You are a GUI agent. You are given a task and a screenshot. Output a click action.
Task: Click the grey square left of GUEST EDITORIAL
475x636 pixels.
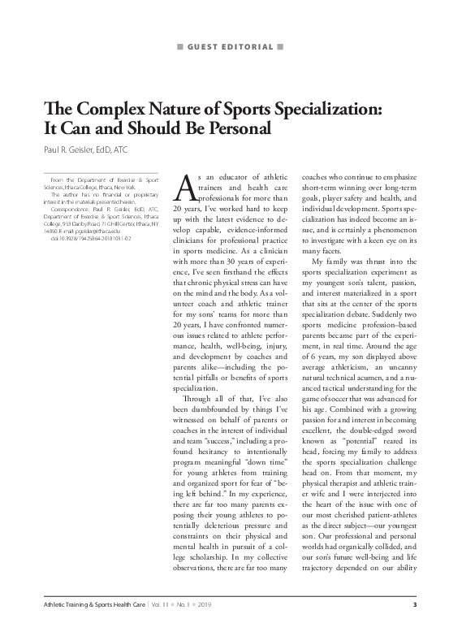click(x=180, y=47)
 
